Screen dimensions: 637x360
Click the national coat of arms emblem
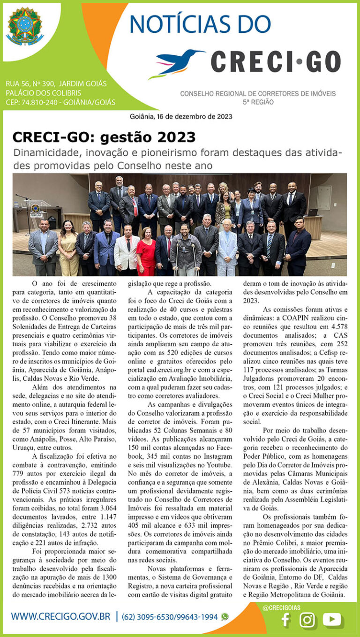[x=25, y=26]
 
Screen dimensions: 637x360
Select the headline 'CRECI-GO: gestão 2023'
[x=104, y=137]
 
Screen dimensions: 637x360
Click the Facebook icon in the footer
[x=285, y=620]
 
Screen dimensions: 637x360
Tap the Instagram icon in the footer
[x=307, y=620]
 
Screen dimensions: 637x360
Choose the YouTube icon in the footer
[x=332, y=620]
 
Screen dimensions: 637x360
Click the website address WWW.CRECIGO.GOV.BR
[x=61, y=616]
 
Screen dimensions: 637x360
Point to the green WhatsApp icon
[x=225, y=616]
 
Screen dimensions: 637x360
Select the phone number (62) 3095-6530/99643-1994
[x=170, y=617]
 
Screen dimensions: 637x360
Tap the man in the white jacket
[x=127, y=249]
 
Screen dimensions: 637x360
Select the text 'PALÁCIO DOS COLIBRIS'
[x=43, y=93]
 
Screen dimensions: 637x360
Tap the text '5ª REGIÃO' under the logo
[x=258, y=102]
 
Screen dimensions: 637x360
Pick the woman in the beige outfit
[x=68, y=249]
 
